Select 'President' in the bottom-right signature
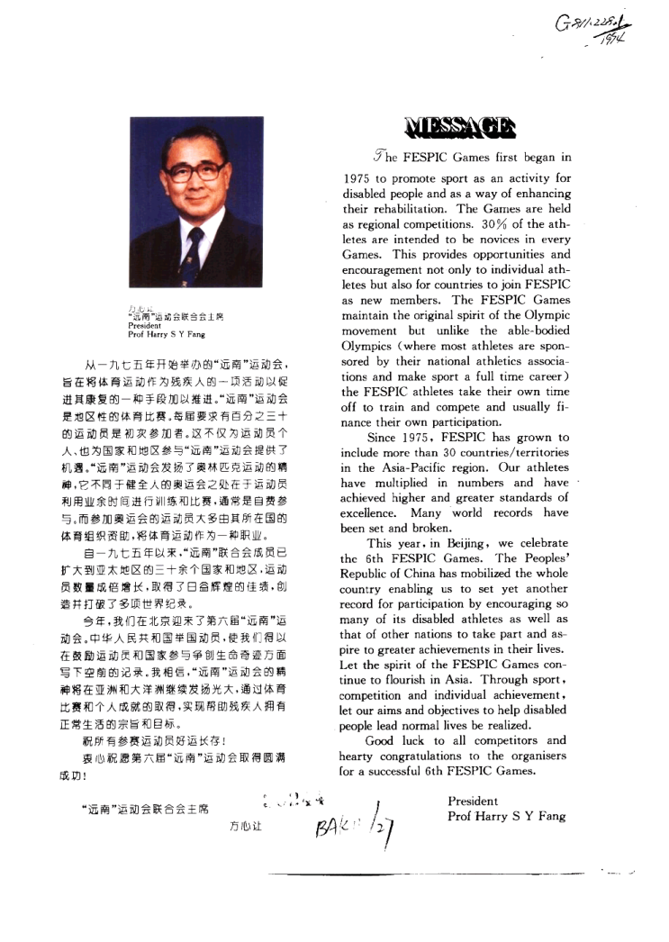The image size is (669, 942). (473, 801)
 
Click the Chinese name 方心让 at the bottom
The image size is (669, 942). (246, 825)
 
